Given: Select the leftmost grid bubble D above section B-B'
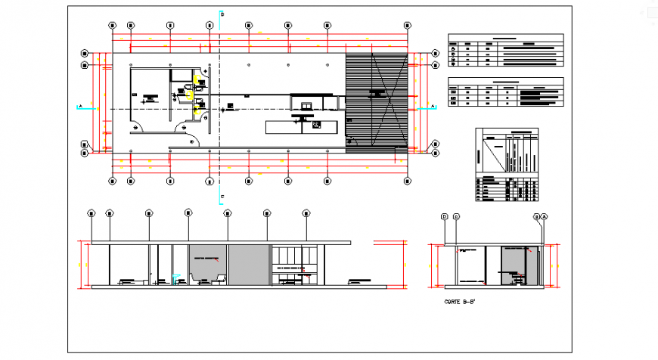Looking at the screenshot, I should (445, 217).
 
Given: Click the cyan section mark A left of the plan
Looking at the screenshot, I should (79, 107).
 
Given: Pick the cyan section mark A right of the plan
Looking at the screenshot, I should (432, 107).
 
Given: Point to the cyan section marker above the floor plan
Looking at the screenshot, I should (220, 14).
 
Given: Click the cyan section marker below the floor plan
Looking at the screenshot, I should (221, 198).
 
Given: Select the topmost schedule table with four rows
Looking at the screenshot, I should (505, 51).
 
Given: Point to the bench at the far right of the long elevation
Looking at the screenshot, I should (359, 282).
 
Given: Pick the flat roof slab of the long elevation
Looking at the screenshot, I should (221, 243).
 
